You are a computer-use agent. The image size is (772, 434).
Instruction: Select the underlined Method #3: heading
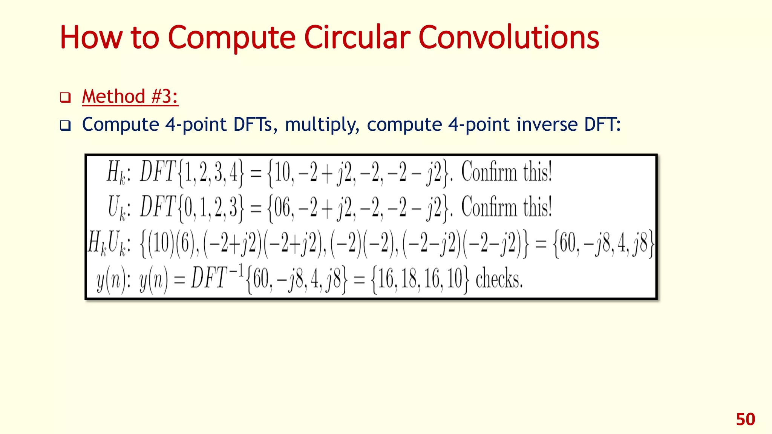[x=130, y=96]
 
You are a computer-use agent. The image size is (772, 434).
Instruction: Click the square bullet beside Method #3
[x=65, y=98]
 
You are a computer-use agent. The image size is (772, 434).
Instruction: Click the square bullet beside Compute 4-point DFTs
[x=65, y=125]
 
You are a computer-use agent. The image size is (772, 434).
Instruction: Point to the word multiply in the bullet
[x=322, y=125]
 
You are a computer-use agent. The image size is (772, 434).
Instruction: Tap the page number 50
[x=745, y=419]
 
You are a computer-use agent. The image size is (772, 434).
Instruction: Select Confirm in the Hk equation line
[x=489, y=172]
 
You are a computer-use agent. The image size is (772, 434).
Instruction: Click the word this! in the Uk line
[x=537, y=207]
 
